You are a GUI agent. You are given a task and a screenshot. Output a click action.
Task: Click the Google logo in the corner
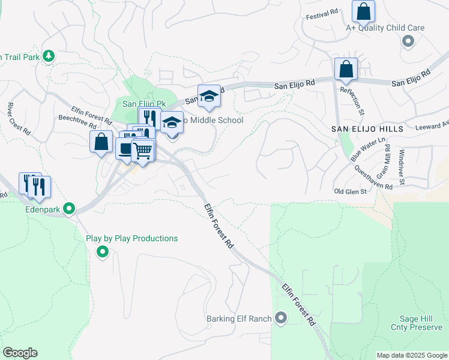click(20, 353)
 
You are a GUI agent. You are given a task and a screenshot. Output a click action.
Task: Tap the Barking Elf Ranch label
click(239, 319)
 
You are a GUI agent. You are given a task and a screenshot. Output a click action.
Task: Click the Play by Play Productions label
click(131, 238)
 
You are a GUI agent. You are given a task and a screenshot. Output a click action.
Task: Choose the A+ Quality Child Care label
click(385, 28)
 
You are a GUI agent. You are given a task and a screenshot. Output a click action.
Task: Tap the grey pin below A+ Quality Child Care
click(408, 41)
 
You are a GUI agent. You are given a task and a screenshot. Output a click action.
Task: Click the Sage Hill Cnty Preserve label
click(420, 323)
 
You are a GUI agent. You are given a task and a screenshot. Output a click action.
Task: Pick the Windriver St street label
click(402, 167)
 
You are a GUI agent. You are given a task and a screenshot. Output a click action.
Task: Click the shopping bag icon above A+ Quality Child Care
click(363, 11)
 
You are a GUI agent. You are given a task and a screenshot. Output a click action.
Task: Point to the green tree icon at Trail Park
click(49, 56)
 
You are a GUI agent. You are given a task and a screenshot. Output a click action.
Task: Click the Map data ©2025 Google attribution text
click(412, 355)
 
